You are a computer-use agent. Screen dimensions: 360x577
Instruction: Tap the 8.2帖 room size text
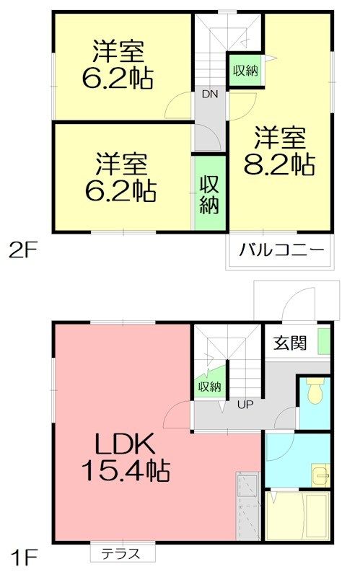[279, 164]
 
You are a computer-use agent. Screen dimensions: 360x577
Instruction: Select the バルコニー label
[281, 250]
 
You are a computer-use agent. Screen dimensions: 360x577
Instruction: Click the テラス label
[121, 553]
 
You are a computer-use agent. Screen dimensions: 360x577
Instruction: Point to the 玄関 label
[290, 344]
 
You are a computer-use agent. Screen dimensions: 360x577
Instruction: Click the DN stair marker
[210, 94]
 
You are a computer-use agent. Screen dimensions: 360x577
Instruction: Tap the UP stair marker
[245, 405]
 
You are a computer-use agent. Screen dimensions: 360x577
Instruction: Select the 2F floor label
[23, 251]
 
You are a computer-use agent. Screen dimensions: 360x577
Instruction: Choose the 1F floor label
[25, 558]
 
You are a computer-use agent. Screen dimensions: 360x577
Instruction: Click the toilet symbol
[315, 391]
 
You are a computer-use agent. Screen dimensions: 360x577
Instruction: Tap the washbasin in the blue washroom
[320, 475]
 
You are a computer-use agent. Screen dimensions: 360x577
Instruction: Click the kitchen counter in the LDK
[248, 507]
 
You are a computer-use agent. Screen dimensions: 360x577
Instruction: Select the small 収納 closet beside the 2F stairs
[245, 70]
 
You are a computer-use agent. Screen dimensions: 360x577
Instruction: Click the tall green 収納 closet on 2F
[209, 193]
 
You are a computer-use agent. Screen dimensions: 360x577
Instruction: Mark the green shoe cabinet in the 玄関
[324, 341]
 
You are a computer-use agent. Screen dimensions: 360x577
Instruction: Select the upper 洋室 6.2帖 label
[118, 65]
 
